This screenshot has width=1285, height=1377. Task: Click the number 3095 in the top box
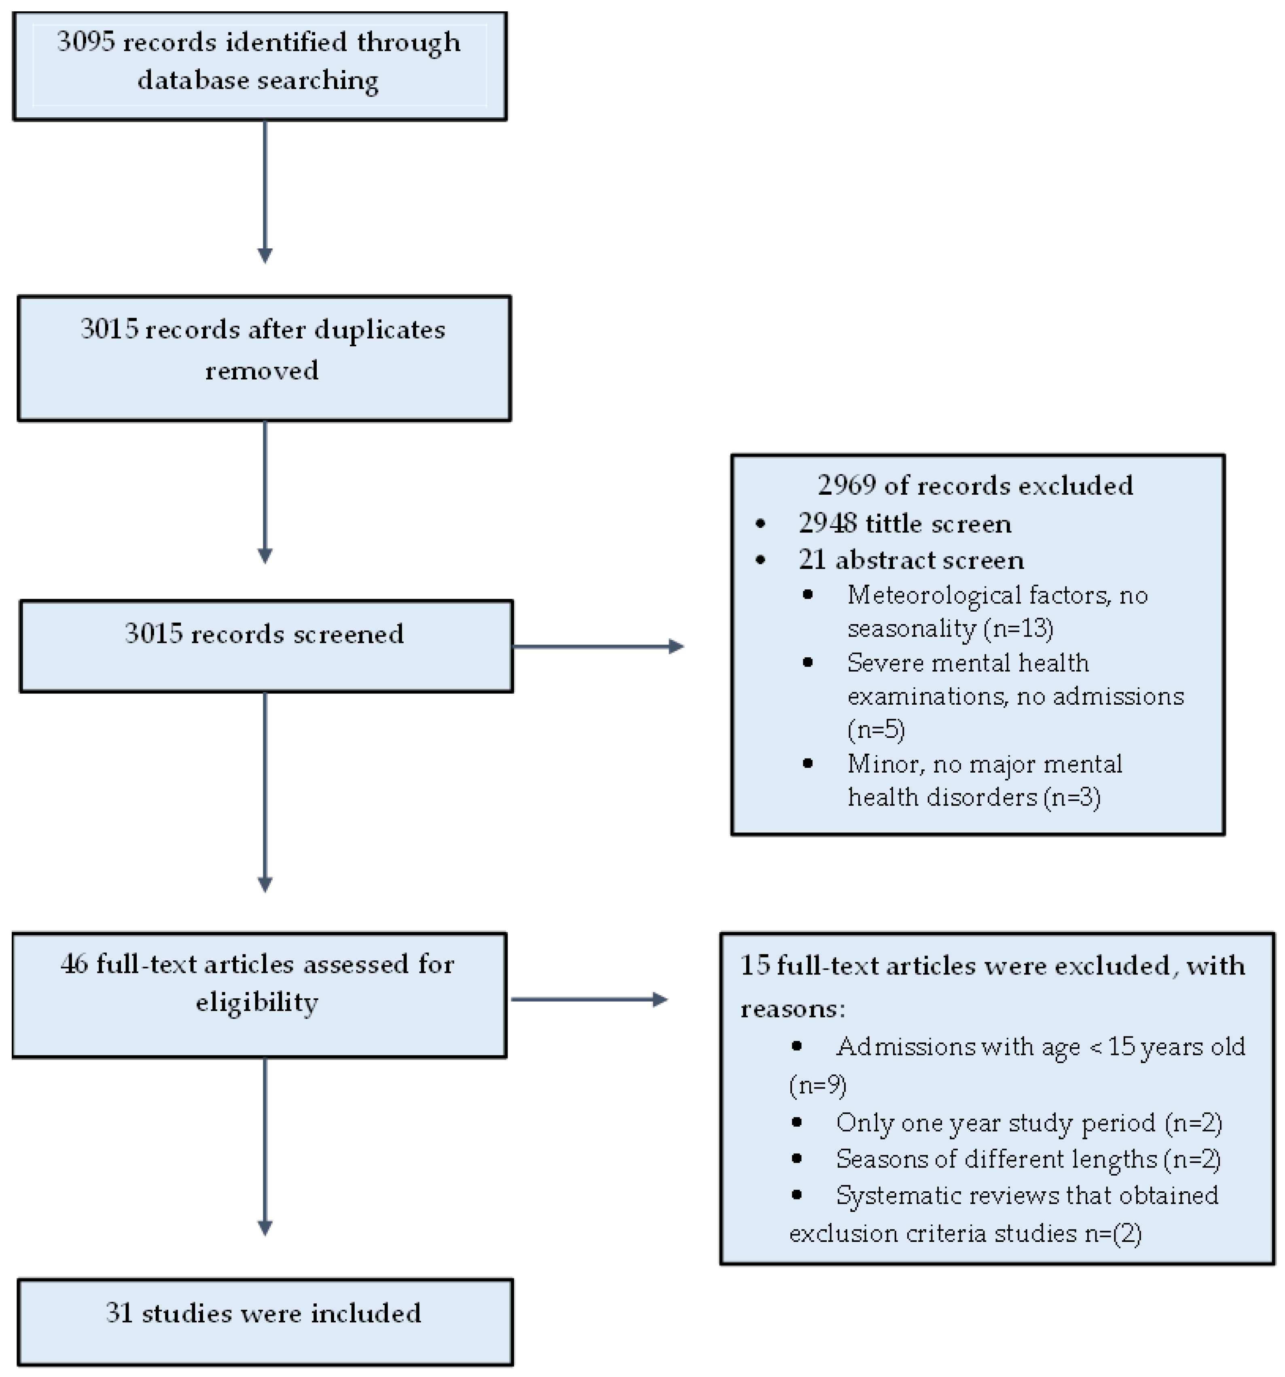(x=86, y=42)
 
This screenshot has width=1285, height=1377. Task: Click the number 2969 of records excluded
(x=846, y=485)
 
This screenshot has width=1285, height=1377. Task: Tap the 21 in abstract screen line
(x=811, y=560)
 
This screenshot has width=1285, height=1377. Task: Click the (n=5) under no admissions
(x=876, y=729)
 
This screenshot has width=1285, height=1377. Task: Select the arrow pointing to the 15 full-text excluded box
(x=589, y=999)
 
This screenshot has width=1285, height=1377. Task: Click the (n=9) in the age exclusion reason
(x=817, y=1084)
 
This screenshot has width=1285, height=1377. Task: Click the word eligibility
(x=257, y=1002)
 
